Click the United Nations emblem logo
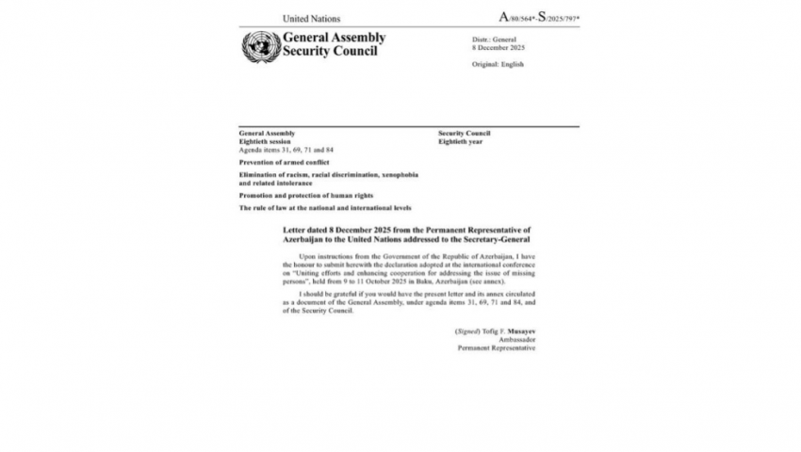pos(259,45)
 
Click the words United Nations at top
pos(312,18)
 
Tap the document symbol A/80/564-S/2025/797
pos(538,17)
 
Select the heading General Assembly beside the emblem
pos(334,38)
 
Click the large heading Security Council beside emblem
pos(330,51)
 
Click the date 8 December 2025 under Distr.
pos(499,47)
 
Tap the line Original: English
pos(498,64)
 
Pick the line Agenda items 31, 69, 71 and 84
pos(286,150)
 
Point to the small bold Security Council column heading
pos(464,133)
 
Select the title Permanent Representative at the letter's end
pos(497,347)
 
